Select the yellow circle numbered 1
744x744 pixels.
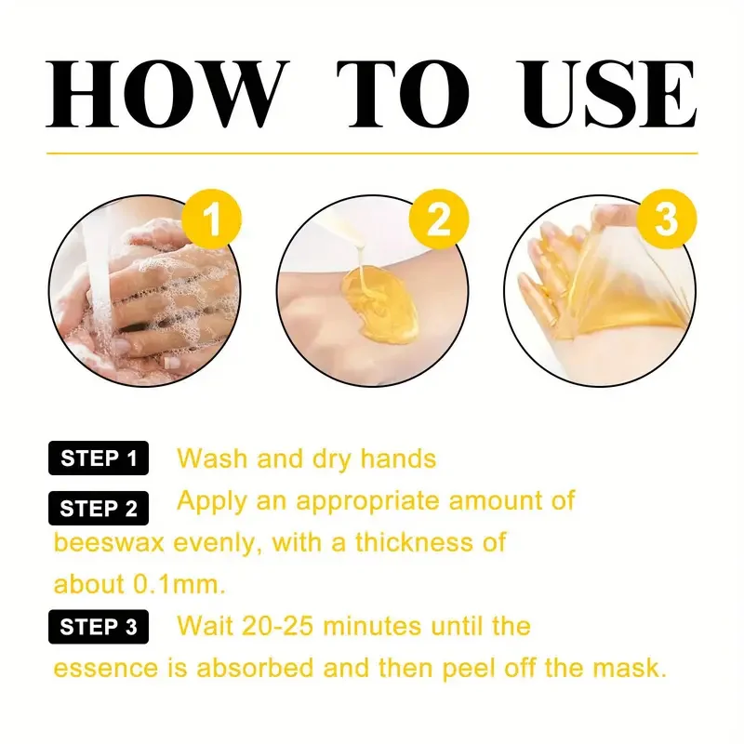[x=213, y=222]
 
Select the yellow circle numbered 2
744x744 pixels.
[x=440, y=222]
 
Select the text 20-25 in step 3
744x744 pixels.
[x=300, y=626]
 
